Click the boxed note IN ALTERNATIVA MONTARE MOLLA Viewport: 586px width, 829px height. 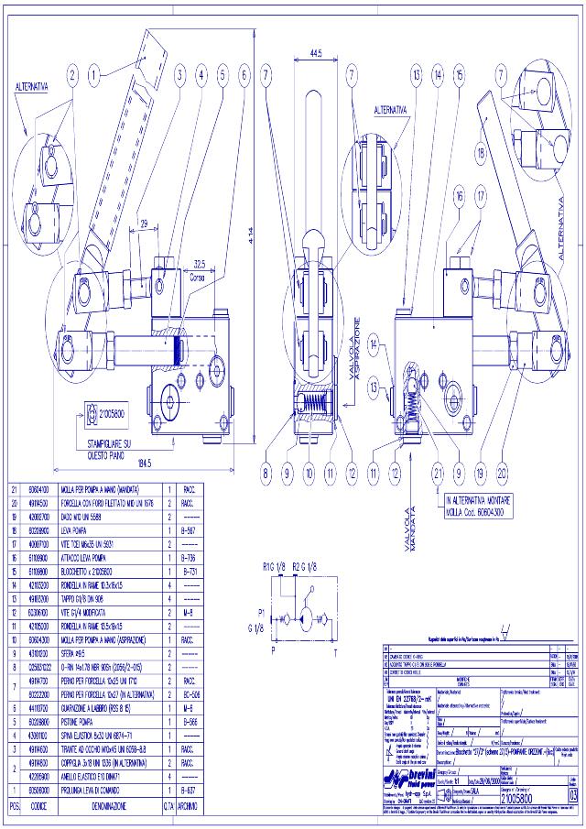[x=484, y=506]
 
